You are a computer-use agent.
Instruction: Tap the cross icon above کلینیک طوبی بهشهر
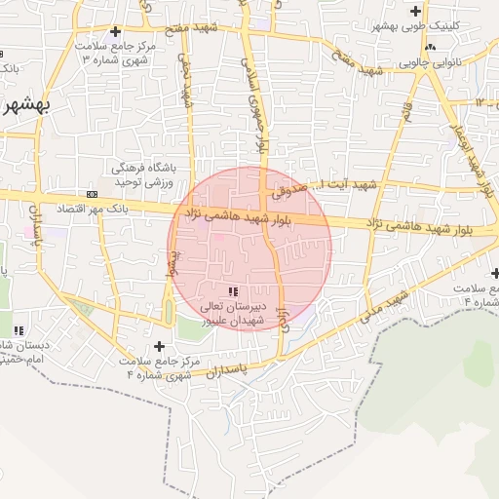416,11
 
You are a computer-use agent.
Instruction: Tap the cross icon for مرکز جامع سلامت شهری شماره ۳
116,32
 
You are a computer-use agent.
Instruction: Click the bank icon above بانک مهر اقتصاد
92,193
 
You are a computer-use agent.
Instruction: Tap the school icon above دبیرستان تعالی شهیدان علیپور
232,291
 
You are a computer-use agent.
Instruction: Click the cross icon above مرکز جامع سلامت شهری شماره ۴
160,346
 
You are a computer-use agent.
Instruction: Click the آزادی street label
286,318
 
